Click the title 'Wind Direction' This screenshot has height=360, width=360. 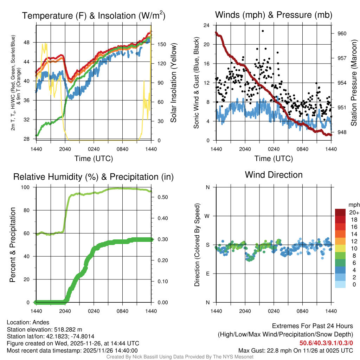tap(274, 175)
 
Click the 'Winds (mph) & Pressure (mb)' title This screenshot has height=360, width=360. tap(274, 15)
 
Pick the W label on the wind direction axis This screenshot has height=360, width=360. tap(207, 216)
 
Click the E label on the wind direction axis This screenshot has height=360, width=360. tap(207, 274)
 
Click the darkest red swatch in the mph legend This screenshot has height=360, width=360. tap(340, 212)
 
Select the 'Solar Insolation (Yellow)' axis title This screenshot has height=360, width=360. tap(173, 83)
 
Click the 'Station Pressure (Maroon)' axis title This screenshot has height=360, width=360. tap(354, 83)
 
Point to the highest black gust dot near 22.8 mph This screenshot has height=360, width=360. tap(263, 31)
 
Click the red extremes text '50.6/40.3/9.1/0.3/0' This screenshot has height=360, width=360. tap(326, 343)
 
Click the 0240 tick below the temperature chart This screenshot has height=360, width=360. tap(94, 149)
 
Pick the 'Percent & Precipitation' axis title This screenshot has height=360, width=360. tap(13, 245)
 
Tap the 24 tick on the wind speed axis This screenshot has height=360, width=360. tap(207, 25)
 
